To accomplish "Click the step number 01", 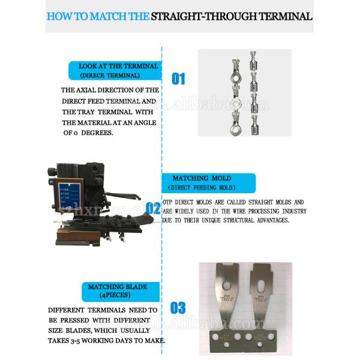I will [x=178, y=79].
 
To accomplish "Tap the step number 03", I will [x=178, y=308].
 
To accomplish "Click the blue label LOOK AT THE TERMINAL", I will [x=118, y=66].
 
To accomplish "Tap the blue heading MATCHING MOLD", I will [x=201, y=179].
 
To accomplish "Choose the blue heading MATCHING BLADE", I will [x=118, y=287].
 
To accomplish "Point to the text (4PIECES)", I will [x=118, y=295].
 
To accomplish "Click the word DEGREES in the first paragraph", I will [x=96, y=133].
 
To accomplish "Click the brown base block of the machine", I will [x=72, y=237].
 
